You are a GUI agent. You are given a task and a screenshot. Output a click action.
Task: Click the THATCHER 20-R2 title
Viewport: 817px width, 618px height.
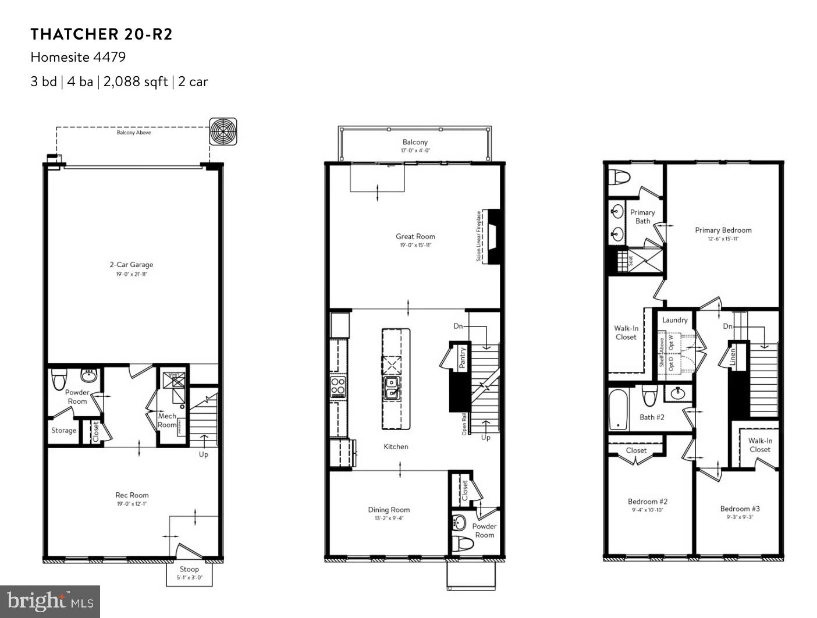point(101,34)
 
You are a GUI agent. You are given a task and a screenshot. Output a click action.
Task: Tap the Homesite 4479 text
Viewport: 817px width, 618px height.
point(78,57)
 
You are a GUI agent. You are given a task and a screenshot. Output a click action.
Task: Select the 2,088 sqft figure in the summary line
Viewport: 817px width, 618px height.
point(136,81)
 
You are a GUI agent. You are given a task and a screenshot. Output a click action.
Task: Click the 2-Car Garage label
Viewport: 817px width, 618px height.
point(132,265)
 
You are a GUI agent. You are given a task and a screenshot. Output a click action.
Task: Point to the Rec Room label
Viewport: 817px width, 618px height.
point(132,495)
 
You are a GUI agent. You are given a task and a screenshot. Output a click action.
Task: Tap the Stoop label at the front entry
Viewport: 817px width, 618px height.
point(189,569)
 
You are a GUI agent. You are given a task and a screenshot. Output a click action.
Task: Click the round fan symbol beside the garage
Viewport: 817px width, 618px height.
point(223,132)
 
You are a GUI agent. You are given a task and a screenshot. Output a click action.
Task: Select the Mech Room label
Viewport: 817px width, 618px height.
point(167,420)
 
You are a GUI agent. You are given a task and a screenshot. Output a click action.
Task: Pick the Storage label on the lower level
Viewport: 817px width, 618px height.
point(63,431)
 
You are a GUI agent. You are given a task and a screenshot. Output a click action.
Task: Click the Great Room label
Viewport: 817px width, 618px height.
point(415,236)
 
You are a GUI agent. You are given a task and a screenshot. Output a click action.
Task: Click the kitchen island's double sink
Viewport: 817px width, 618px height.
point(391,388)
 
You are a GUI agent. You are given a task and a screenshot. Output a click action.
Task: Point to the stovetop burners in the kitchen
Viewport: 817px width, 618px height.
point(338,385)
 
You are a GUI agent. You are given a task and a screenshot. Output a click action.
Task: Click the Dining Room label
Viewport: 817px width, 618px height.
point(389,510)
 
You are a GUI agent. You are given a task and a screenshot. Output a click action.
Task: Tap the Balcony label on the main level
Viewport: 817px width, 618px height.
point(415,142)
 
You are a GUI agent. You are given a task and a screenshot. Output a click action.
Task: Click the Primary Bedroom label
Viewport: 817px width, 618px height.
point(723,230)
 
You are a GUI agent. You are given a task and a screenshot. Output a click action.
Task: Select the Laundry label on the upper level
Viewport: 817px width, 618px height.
point(675,320)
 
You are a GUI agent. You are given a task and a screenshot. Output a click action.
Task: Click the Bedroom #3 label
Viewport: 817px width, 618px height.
point(740,509)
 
